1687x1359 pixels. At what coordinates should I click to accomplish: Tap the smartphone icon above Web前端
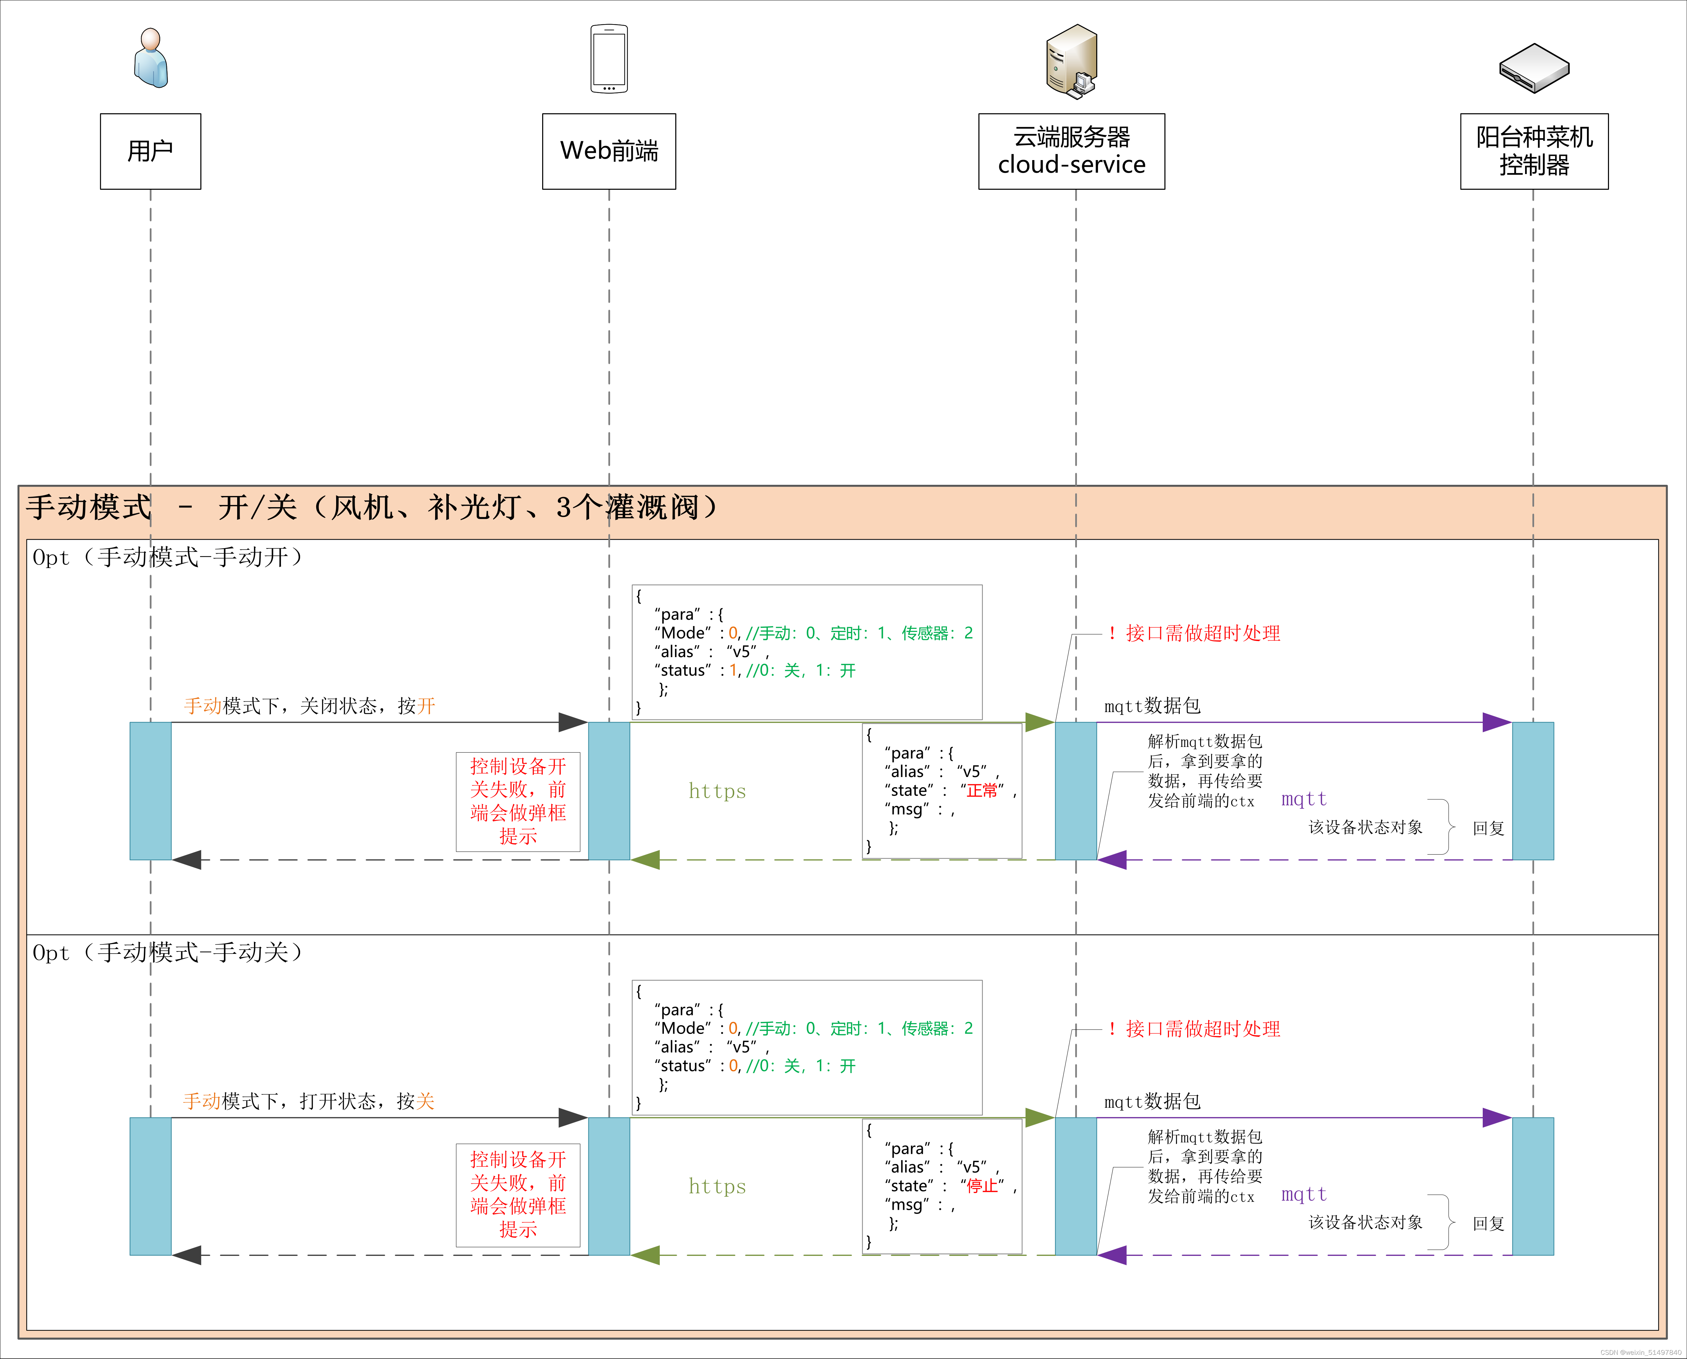point(609,59)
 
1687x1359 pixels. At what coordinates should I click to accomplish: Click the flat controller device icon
point(1534,68)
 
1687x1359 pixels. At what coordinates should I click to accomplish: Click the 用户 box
point(150,151)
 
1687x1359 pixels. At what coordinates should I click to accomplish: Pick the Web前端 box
point(609,151)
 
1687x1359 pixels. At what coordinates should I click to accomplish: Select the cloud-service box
point(1071,151)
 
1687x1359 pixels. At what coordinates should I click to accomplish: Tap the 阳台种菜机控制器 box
point(1534,151)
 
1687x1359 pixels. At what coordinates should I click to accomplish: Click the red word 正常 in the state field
point(982,791)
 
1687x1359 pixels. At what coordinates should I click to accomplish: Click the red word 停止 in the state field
point(982,1186)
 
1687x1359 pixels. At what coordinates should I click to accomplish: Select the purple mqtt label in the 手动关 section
point(1304,1195)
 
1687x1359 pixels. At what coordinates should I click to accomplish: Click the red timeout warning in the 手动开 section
point(1195,633)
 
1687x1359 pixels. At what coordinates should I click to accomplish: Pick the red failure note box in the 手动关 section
point(518,1195)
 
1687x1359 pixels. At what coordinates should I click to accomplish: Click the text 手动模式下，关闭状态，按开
point(309,706)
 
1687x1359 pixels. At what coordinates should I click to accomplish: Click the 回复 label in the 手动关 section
point(1488,1224)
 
